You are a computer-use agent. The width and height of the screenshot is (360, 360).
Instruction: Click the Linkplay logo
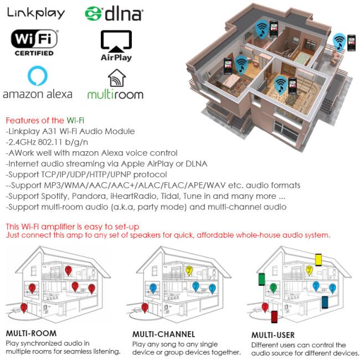click(36, 13)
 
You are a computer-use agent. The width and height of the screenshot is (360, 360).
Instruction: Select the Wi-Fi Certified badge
click(34, 43)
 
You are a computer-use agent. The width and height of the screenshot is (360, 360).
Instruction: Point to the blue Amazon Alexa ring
click(38, 76)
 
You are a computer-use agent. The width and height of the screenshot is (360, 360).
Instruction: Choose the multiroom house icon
click(117, 78)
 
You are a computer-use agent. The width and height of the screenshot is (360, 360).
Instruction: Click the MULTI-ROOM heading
click(31, 333)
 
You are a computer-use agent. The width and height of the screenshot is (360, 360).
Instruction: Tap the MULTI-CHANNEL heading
click(164, 334)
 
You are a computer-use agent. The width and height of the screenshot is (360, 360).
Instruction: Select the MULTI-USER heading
click(273, 335)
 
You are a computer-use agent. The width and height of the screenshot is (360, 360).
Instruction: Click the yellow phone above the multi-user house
click(318, 260)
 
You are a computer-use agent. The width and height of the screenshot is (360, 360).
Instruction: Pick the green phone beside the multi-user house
click(262, 279)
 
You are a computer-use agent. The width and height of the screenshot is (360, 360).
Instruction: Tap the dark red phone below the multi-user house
click(274, 317)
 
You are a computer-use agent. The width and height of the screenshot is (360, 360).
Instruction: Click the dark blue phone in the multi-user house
click(325, 302)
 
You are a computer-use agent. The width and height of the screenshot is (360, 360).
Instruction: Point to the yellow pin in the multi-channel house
click(189, 271)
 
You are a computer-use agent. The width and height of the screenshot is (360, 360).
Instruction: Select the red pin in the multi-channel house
click(145, 308)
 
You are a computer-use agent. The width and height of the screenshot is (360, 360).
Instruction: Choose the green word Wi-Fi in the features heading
click(75, 120)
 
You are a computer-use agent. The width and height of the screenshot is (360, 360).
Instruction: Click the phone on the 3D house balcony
click(352, 43)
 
